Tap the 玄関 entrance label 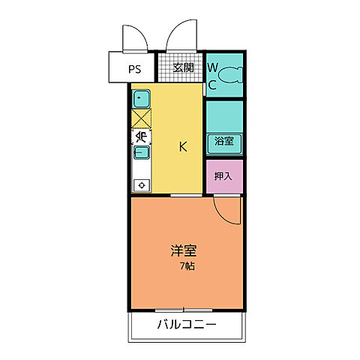tap(183, 67)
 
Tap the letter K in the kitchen tap(182, 146)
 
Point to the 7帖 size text tap(187, 268)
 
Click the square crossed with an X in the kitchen tap(142, 118)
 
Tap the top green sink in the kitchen tap(142, 98)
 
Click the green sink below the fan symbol tap(142, 153)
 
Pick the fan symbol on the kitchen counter tap(142, 136)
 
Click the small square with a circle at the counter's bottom tap(142, 184)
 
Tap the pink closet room tap(224, 176)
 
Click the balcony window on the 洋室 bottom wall tap(184, 309)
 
